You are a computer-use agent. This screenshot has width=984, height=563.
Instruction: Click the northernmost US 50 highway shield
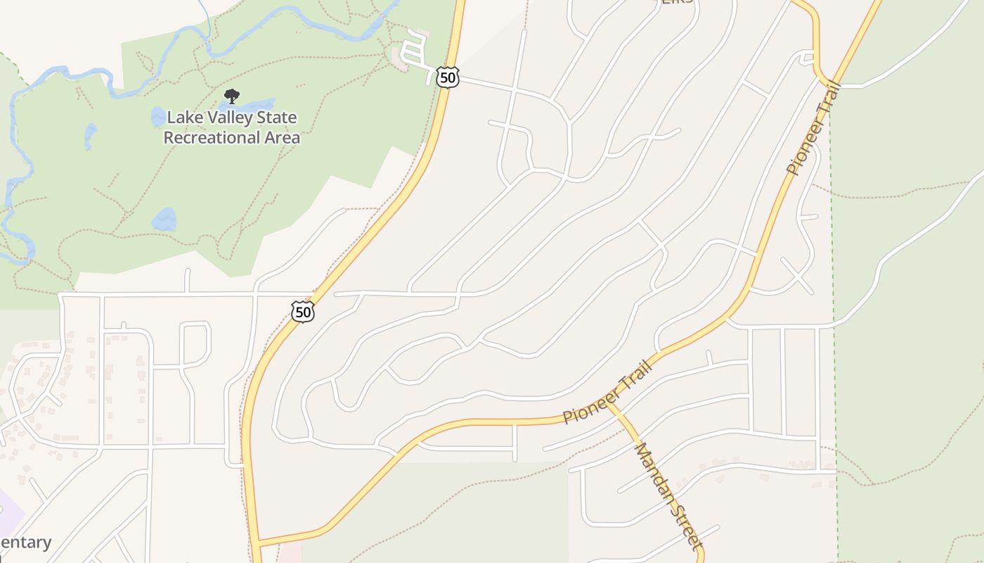click(448, 77)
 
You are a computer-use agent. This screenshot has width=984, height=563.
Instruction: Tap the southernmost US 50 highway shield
click(303, 311)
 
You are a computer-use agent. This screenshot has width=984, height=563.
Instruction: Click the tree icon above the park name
click(231, 96)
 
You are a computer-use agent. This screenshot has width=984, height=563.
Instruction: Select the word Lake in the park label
click(182, 118)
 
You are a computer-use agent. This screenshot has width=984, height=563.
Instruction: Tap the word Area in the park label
click(283, 137)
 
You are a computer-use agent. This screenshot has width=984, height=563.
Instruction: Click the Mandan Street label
click(667, 495)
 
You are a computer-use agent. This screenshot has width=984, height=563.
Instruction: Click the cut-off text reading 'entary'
click(26, 543)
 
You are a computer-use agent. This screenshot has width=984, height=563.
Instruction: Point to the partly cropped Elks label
click(678, 2)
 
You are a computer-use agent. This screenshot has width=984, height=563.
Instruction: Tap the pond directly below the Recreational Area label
click(164, 219)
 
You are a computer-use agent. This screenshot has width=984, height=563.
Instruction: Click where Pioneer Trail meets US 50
click(257, 543)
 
